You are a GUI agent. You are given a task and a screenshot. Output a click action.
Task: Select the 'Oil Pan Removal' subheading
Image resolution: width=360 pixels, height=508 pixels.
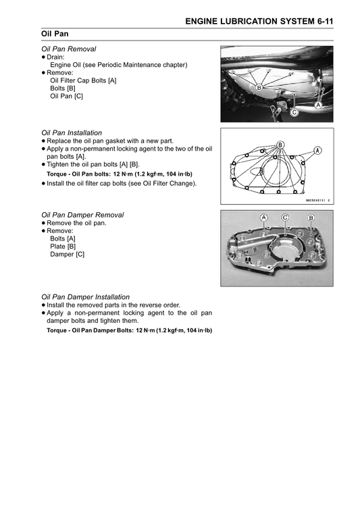click(x=68, y=49)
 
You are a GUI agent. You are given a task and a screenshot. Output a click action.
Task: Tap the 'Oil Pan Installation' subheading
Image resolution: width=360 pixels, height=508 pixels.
click(x=72, y=132)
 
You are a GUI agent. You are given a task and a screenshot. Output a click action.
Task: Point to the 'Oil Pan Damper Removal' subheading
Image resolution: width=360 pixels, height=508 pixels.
click(x=82, y=215)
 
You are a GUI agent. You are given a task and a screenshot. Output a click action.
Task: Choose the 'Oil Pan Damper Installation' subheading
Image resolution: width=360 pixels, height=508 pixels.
click(x=86, y=297)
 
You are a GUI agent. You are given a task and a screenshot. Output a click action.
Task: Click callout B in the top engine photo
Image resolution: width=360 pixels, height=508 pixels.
click(x=259, y=88)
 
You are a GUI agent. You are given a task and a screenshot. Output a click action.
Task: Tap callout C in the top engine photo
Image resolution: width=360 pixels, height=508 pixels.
click(x=294, y=113)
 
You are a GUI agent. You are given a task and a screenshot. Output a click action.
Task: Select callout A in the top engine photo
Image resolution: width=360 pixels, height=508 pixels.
click(x=317, y=105)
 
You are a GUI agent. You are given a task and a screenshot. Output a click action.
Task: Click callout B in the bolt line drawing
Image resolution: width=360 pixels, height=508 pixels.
click(x=280, y=145)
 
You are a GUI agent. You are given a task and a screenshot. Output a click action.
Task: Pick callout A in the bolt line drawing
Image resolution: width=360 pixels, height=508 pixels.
click(x=317, y=150)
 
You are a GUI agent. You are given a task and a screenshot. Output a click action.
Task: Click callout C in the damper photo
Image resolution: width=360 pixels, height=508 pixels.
click(x=286, y=218)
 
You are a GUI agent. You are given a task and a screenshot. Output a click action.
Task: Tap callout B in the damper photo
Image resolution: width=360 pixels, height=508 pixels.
click(x=311, y=218)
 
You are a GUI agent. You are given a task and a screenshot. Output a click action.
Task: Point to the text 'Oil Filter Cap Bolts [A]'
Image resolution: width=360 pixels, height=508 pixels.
click(x=84, y=80)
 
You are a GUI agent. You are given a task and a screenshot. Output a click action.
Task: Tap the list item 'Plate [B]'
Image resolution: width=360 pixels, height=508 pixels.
click(x=63, y=247)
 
